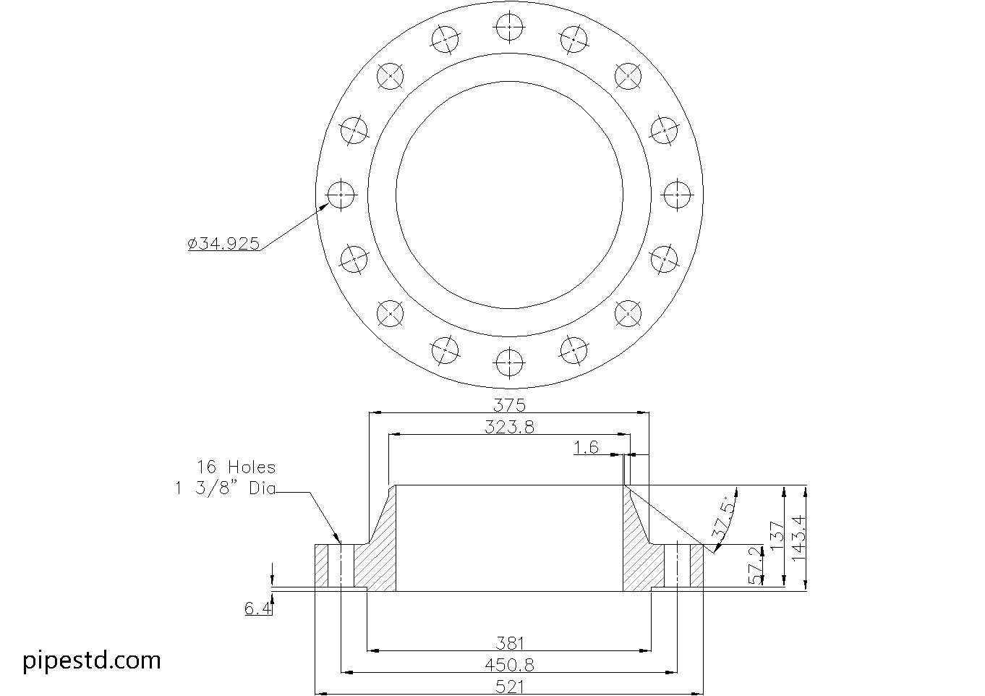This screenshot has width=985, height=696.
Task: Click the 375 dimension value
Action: (x=509, y=404)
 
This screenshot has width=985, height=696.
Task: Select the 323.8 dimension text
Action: (x=509, y=427)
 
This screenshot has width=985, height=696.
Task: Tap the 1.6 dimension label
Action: (x=587, y=447)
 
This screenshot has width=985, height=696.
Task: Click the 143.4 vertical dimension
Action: (x=798, y=538)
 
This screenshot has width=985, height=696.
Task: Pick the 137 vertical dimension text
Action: (x=777, y=536)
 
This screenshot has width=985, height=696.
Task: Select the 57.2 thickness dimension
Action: (x=755, y=565)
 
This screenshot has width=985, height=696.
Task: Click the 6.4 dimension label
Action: (x=257, y=608)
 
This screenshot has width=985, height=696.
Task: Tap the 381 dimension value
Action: (x=510, y=644)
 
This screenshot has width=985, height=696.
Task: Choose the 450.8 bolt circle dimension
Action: (x=509, y=665)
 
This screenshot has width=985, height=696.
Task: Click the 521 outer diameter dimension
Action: (x=510, y=687)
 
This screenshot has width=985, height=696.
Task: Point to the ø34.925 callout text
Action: (x=223, y=243)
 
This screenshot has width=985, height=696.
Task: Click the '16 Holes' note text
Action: (x=236, y=467)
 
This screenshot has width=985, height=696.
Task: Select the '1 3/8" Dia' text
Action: (x=225, y=488)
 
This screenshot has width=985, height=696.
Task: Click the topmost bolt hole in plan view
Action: (x=509, y=27)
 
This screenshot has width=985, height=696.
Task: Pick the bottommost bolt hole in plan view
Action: (x=509, y=363)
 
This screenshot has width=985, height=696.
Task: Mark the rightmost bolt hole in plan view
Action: (x=677, y=195)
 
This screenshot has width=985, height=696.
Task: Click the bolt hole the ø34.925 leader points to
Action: (x=341, y=195)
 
